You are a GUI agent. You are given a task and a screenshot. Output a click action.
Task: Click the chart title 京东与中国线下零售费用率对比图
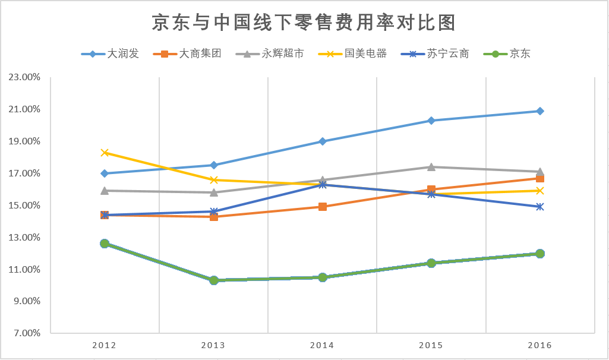coord(304,23)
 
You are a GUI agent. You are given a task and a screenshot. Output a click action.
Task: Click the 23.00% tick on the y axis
coord(24,77)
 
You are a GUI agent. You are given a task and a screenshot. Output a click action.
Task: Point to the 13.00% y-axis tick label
coord(24,238)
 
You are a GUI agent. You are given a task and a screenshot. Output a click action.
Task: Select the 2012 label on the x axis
coord(105,345)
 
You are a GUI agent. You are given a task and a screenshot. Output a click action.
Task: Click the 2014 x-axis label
coord(322,345)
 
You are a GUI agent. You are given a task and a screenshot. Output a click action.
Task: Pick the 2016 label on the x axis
coord(539,345)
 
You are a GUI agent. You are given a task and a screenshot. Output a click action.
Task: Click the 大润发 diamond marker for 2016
coord(539,111)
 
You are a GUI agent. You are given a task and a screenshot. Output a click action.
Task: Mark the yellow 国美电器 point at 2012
coord(105,153)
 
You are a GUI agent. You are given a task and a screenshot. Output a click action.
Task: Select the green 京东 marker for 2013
coord(213,280)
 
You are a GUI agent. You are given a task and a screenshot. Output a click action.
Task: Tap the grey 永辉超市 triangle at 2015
coord(431,167)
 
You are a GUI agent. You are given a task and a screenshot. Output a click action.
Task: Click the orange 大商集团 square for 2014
coord(322,207)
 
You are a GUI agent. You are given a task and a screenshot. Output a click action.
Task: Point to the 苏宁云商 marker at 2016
coord(539,207)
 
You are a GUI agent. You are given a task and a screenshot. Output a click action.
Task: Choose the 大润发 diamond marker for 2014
coord(322,141)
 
